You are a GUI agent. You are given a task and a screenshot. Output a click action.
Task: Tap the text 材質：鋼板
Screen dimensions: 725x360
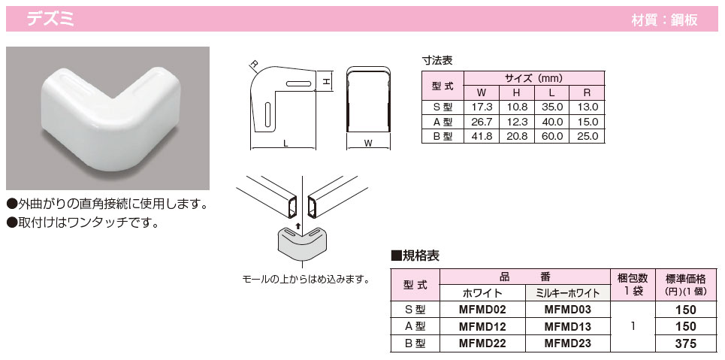click(664, 20)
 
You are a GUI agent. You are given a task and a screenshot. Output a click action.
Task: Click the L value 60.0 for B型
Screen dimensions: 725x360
click(553, 136)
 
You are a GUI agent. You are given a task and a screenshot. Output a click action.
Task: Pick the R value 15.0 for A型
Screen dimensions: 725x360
click(588, 122)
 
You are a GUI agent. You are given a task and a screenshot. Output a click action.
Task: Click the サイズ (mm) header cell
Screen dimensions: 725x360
click(533, 79)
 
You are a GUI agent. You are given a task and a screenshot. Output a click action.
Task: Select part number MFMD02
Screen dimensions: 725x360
click(482, 310)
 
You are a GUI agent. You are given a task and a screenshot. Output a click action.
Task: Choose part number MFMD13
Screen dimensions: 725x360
click(567, 327)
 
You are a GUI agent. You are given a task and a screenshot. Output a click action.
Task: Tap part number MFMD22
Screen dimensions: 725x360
click(482, 343)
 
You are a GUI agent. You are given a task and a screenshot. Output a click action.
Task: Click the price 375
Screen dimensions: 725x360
click(686, 343)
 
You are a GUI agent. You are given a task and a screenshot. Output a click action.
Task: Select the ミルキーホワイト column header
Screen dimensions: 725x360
click(567, 293)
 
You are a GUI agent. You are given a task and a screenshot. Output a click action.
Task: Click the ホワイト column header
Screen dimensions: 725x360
click(482, 293)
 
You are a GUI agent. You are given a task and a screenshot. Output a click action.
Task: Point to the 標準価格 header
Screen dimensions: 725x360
click(686, 279)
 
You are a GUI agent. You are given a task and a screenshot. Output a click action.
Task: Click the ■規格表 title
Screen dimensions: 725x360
click(415, 256)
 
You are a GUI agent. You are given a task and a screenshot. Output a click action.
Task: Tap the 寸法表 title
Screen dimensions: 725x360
click(437, 60)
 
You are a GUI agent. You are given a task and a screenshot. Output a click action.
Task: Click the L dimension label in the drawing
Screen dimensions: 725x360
click(285, 144)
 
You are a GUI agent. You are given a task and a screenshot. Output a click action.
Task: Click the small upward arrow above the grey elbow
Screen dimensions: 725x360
click(299, 225)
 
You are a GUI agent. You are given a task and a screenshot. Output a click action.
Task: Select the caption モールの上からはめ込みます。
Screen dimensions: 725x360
click(305, 280)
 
